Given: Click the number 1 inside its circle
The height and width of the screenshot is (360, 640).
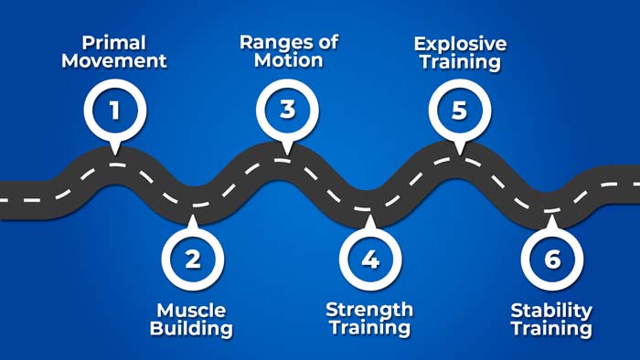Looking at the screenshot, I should coord(114,111).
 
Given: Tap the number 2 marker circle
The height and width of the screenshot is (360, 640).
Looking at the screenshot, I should coord(192,259).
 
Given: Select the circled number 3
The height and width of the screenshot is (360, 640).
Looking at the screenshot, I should coord(287,110).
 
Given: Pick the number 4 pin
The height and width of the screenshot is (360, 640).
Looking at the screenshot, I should coord(369,259).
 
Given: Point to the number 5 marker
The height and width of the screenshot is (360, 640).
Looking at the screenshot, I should coord(459,110).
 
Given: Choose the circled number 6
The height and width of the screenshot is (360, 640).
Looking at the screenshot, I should coord(551,259).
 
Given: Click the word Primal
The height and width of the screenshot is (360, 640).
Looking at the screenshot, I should coord(113,43).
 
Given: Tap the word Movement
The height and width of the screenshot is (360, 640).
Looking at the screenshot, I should coord(123,62).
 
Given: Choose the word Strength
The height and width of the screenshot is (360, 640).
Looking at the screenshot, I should coord(369,309).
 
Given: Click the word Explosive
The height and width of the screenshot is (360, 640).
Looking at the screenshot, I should coord(459,43).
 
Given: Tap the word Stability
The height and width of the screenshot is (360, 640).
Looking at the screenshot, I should coord(551,311).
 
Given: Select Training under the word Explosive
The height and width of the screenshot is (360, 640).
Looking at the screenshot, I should coord(459,63).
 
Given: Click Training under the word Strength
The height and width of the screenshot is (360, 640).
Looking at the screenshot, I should coord(369,329).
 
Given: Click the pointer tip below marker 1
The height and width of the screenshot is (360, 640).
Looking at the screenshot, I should coord(114,152).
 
